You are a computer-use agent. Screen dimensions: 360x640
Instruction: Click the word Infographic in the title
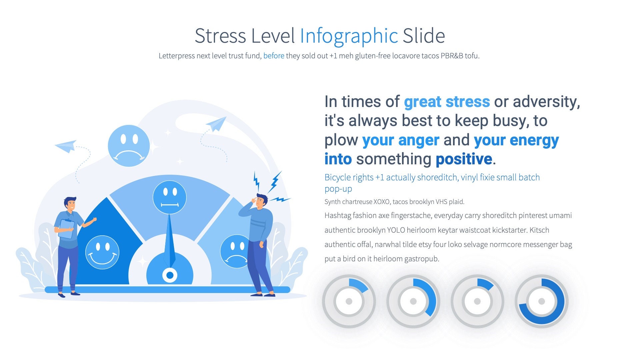pyautogui.click(x=349, y=36)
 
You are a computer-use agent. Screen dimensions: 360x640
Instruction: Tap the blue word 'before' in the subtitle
pyautogui.click(x=274, y=56)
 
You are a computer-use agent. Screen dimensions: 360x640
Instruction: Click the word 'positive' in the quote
pyautogui.click(x=464, y=159)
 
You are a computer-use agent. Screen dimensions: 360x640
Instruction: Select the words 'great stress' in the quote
pyautogui.click(x=447, y=102)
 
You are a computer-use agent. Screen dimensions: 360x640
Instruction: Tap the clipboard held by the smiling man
pyautogui.click(x=66, y=229)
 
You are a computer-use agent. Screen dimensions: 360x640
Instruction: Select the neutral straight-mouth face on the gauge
pyautogui.click(x=169, y=197)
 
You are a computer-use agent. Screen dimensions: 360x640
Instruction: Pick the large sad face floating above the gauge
pyautogui.click(x=129, y=146)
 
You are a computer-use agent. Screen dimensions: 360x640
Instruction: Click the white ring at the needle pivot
pyautogui.click(x=170, y=275)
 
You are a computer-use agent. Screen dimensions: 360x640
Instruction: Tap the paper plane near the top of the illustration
pyautogui.click(x=217, y=124)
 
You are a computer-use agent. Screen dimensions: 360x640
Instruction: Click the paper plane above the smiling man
pyautogui.click(x=66, y=146)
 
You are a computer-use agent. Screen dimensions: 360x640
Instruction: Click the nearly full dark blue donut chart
pyautogui.click(x=541, y=301)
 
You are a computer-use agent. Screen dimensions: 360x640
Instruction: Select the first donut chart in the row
pyautogui.click(x=349, y=301)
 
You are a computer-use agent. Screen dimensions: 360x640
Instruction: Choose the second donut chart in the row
pyautogui.click(x=413, y=301)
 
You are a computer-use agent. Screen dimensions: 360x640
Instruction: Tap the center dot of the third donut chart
pyautogui.click(x=477, y=301)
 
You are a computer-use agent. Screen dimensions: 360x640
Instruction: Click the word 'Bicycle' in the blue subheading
pyautogui.click(x=338, y=177)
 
